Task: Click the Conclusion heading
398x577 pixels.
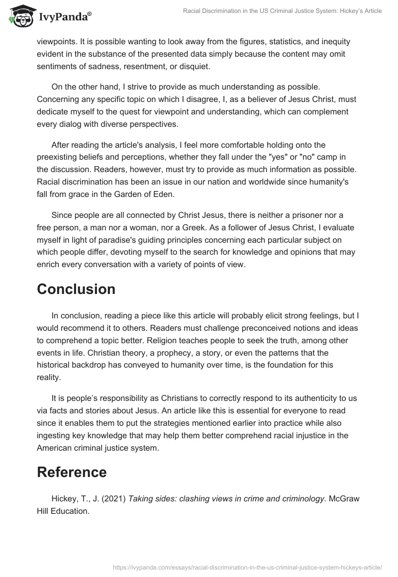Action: pyautogui.click(x=76, y=289)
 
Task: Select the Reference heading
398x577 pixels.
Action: pyautogui.click(x=72, y=472)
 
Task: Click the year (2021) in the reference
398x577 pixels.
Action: pyautogui.click(x=113, y=499)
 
